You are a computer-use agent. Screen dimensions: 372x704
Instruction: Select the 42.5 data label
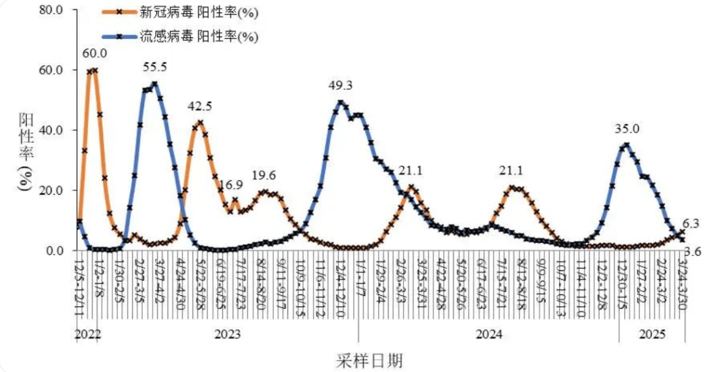(x=199, y=106)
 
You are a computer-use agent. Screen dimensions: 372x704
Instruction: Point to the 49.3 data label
(x=341, y=85)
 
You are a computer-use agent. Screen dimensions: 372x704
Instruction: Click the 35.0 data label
(x=627, y=129)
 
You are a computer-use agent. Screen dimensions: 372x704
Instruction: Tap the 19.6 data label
(x=264, y=176)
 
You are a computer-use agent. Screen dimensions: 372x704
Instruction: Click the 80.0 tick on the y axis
(x=51, y=10)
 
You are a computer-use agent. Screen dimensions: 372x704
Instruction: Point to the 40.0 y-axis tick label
(x=51, y=130)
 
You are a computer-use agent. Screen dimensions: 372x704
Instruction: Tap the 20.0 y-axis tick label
(x=51, y=190)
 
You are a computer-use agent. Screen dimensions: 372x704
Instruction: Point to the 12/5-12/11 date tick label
(x=78, y=287)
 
